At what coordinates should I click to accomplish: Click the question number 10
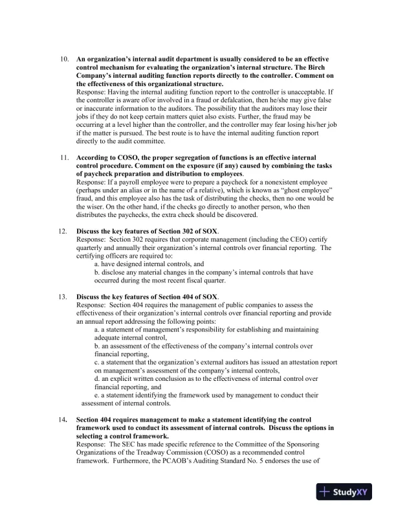tap(64, 59)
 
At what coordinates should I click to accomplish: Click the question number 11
tap(64, 157)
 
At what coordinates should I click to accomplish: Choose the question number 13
tap(64, 295)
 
